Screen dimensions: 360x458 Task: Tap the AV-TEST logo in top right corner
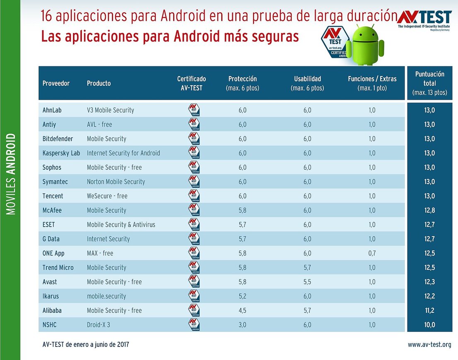point(425,19)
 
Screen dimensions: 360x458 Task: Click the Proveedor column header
point(56,83)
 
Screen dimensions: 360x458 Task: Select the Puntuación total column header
point(429,83)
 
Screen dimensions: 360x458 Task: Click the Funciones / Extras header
point(372,83)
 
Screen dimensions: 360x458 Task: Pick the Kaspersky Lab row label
point(61,153)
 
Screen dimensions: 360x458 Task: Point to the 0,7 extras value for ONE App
point(372,253)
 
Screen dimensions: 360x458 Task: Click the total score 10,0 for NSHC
point(429,325)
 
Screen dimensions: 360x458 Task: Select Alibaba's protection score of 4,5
point(242,310)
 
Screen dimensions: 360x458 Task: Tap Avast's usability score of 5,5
point(307,282)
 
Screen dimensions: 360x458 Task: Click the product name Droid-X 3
point(98,325)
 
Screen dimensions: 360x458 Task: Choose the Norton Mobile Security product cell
point(116,182)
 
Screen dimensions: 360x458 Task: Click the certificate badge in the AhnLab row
point(194,110)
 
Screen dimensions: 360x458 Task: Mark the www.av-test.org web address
point(429,344)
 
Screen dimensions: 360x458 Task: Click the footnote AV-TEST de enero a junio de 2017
point(86,344)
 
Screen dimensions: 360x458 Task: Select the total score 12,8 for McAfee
point(429,210)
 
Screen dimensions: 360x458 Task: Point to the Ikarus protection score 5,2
point(242,296)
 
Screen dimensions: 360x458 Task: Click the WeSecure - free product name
point(107,196)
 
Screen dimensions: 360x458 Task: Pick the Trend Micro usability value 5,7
point(307,267)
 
